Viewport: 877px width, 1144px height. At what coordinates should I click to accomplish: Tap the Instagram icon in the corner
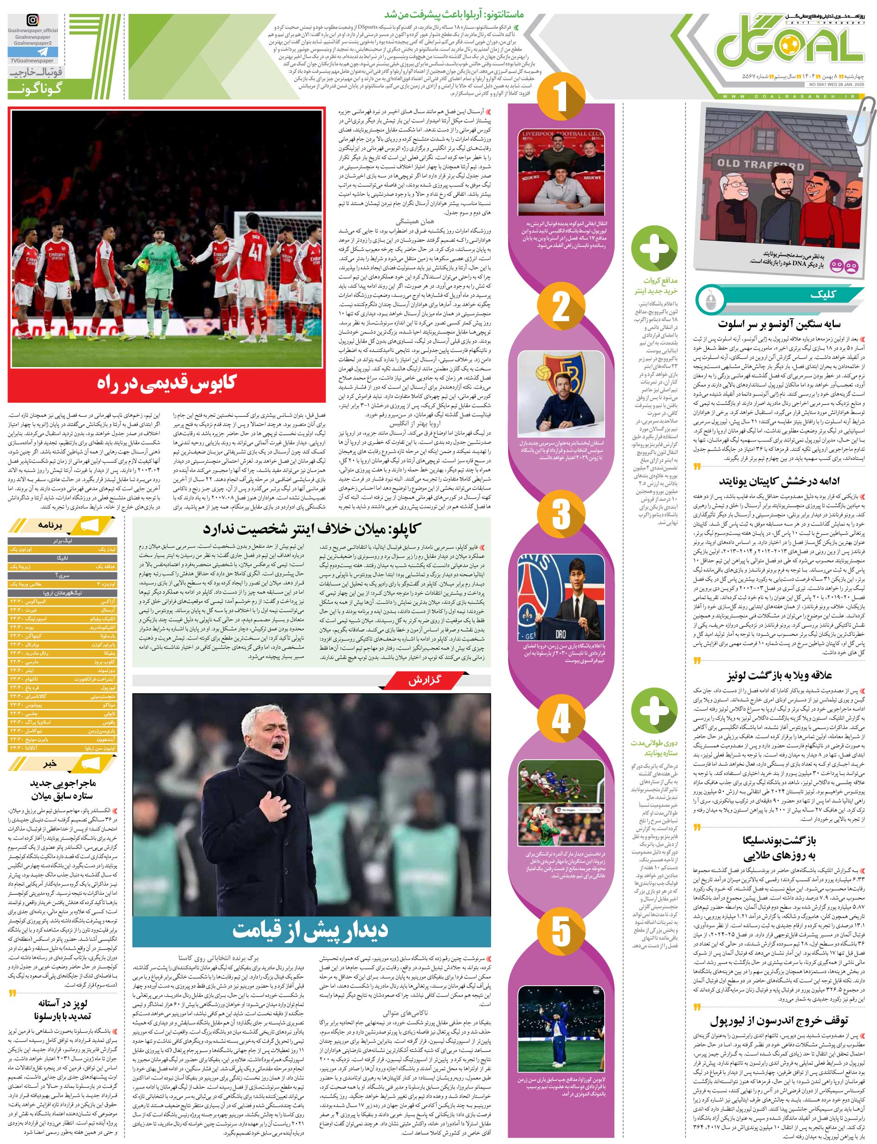[x=32, y=20]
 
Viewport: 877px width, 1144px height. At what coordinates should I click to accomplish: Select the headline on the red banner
[x=167, y=383]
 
